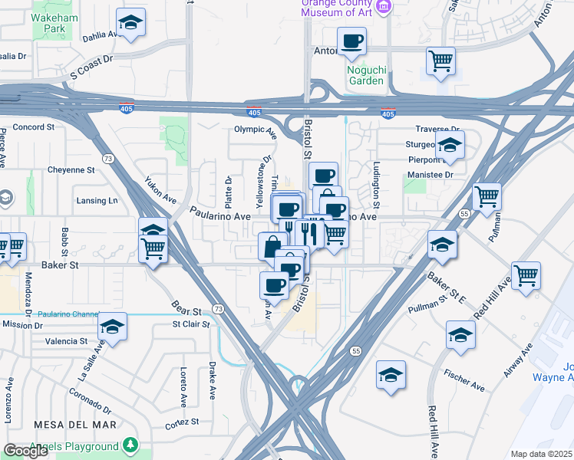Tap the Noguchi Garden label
click(x=365, y=75)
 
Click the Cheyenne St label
click(x=71, y=169)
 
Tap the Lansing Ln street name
click(x=97, y=201)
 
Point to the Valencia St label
click(x=67, y=341)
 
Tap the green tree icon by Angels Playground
click(x=131, y=444)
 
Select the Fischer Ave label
click(x=463, y=380)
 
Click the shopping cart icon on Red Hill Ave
click(x=525, y=274)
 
